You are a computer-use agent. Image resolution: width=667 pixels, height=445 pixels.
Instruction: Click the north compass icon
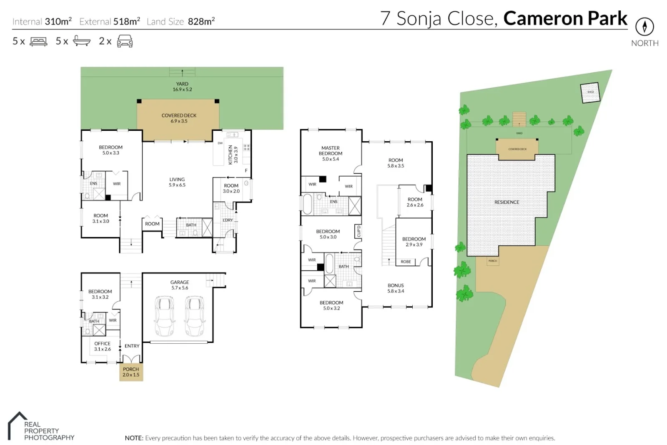(x=644, y=27)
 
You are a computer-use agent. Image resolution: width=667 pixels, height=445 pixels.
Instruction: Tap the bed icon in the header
(x=38, y=41)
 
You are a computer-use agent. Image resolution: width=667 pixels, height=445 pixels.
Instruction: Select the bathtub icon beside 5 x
(x=81, y=41)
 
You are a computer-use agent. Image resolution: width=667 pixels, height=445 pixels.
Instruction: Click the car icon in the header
(x=125, y=41)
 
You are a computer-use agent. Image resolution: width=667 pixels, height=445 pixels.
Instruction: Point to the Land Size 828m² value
(x=201, y=21)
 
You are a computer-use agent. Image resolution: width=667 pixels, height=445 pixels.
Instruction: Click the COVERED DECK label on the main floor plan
(x=179, y=118)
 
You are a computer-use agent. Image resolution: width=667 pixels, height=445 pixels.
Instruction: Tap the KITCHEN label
(x=233, y=155)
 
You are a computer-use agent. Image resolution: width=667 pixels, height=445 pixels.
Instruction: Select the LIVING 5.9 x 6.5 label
(x=177, y=182)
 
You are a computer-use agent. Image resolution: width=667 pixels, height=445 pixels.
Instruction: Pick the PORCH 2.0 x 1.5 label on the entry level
(x=131, y=372)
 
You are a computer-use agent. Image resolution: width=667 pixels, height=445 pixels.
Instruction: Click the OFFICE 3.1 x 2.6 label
(x=103, y=346)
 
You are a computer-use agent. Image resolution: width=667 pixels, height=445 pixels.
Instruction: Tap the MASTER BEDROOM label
(x=331, y=153)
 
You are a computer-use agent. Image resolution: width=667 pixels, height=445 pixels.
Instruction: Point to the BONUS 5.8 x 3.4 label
(x=396, y=288)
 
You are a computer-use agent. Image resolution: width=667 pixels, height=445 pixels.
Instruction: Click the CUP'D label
(x=359, y=231)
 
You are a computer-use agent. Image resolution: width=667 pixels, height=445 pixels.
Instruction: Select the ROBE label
(x=406, y=262)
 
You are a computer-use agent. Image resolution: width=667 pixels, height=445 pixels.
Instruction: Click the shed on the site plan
(x=590, y=92)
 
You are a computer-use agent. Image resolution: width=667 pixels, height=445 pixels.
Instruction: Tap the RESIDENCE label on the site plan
(x=507, y=202)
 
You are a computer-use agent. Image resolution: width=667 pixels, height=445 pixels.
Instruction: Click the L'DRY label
(x=228, y=220)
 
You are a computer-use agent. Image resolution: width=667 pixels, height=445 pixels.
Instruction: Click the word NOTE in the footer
(x=134, y=438)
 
